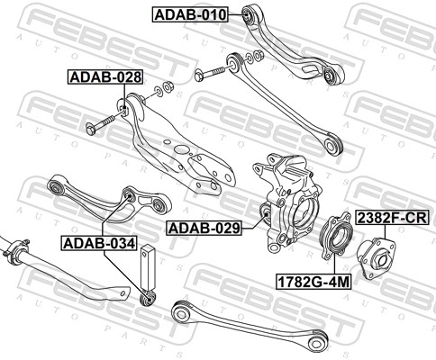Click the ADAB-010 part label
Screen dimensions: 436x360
[x=191, y=14]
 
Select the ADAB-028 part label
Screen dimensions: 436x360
[x=105, y=77]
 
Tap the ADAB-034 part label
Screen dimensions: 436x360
[x=100, y=243]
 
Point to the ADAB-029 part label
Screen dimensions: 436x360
[x=204, y=228]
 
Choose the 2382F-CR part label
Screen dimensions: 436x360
[x=392, y=218]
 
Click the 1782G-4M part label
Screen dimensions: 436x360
[x=313, y=282]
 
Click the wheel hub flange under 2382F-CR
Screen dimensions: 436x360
[x=377, y=257]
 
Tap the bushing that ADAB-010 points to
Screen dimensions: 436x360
[x=248, y=14]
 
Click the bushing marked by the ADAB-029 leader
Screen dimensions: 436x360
[x=266, y=213]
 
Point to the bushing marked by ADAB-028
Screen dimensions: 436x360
[x=125, y=110]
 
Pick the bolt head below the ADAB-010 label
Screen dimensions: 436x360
[x=199, y=75]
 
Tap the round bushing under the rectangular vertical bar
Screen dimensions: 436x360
[x=149, y=299]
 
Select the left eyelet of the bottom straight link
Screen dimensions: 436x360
[x=180, y=313]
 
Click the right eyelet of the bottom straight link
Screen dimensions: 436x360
[x=317, y=342]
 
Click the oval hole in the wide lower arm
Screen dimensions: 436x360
[x=181, y=148]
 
